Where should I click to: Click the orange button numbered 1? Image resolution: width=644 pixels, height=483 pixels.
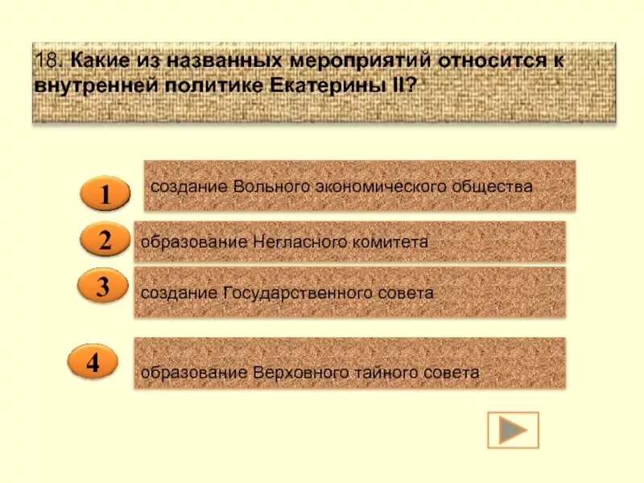point(105,195)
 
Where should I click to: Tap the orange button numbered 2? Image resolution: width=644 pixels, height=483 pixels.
point(105,240)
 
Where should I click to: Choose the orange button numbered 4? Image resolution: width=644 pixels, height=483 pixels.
point(93,362)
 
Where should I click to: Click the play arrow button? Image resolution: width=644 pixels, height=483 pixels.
point(513,430)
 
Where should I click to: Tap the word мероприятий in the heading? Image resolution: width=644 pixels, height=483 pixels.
point(341,60)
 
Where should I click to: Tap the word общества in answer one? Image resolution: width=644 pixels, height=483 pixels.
point(498,186)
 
